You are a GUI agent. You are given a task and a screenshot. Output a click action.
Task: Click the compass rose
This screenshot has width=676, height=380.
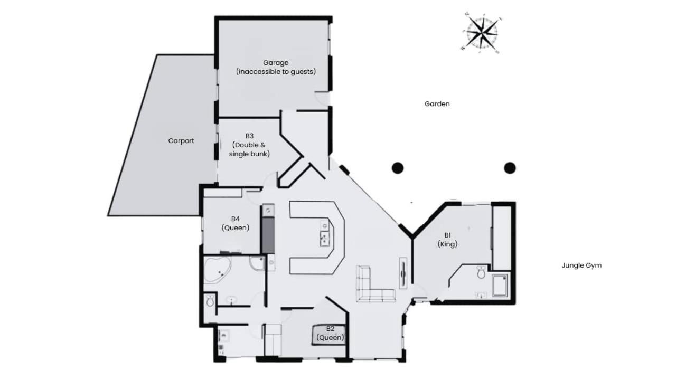click(482, 32)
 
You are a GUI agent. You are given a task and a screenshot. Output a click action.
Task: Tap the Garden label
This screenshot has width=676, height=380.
click(437, 104)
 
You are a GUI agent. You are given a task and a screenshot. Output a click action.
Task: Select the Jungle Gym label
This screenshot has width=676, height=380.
click(581, 265)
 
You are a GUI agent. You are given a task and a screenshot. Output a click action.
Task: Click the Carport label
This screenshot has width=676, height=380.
click(181, 140)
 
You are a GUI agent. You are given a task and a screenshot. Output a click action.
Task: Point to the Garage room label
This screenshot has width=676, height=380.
click(276, 67)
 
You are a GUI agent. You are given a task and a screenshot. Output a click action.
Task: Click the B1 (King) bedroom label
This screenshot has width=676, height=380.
click(447, 240)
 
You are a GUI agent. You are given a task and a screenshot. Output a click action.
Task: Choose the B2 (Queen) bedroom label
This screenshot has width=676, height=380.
click(330, 333)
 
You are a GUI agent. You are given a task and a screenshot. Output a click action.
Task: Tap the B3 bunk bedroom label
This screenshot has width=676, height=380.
click(249, 145)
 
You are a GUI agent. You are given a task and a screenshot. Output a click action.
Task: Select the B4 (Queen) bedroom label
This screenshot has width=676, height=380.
click(236, 223)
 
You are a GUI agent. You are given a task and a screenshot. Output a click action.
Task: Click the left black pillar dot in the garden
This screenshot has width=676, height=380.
click(398, 168)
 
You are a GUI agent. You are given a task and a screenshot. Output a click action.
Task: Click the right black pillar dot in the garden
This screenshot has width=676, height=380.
click(510, 168)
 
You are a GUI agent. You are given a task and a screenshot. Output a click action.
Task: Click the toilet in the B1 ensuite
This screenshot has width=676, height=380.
click(481, 272)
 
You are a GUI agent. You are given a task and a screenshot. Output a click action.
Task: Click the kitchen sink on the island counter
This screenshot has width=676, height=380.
click(325, 238)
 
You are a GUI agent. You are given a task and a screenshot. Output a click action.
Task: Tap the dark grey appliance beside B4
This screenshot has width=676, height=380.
click(268, 235)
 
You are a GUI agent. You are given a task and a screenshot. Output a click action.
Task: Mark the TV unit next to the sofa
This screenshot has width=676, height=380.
click(403, 273)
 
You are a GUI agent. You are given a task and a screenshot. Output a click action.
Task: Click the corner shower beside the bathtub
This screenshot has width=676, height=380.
click(257, 263)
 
